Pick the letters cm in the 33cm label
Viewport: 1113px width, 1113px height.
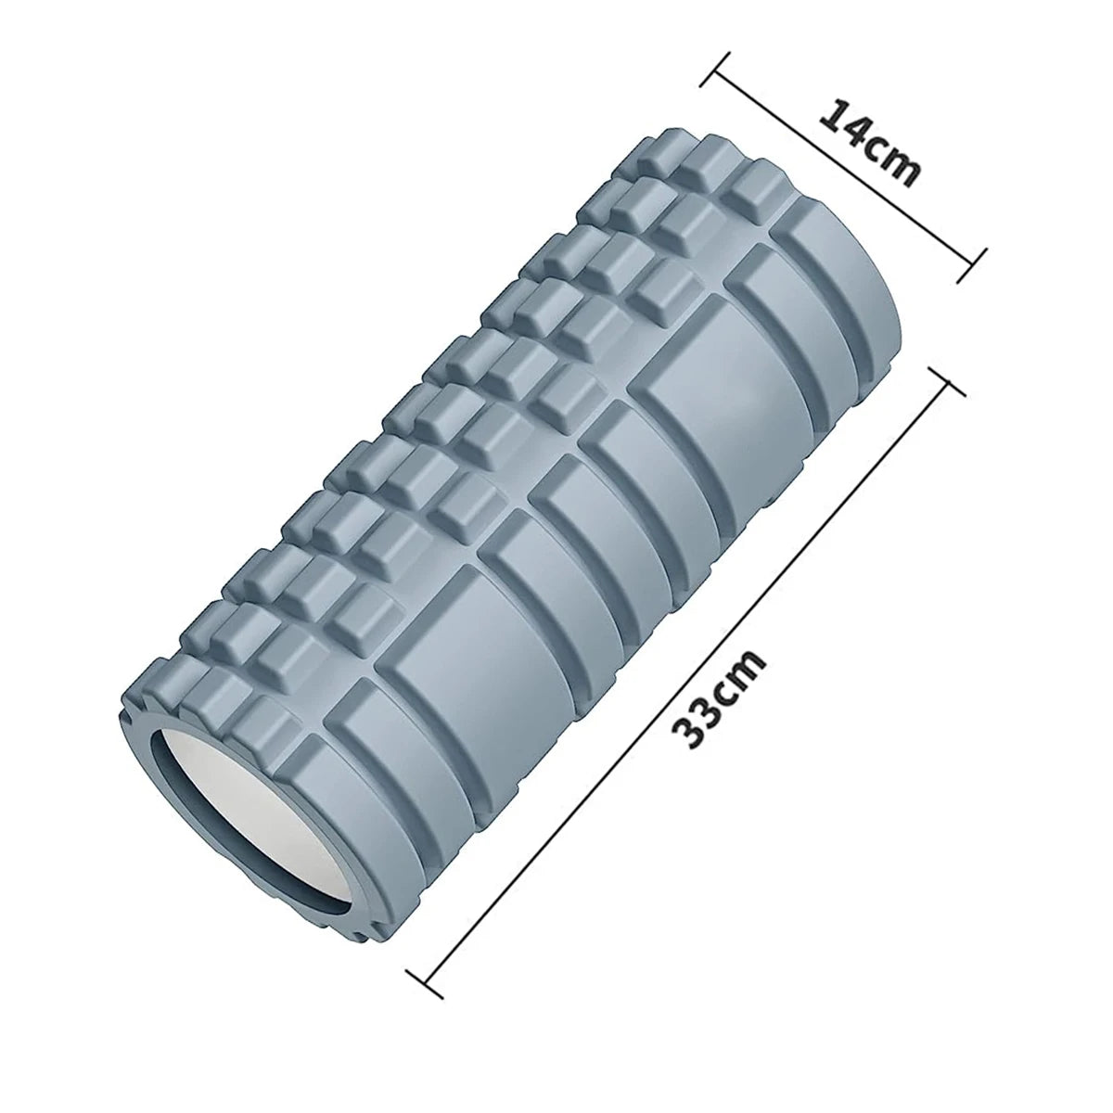742,664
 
